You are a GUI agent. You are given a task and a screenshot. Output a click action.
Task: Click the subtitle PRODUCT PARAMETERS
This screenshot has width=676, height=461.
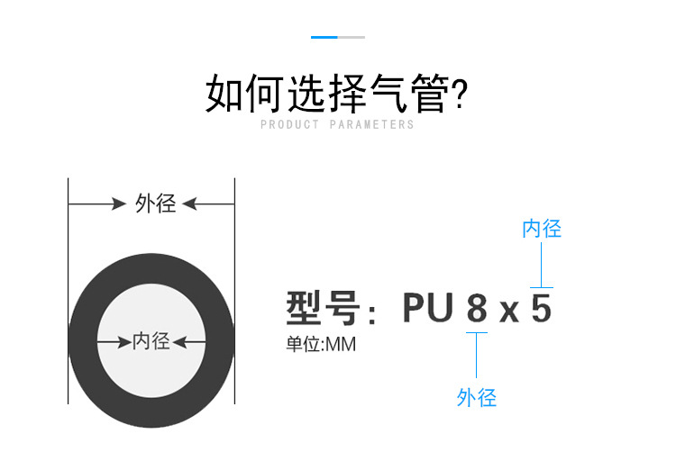pyautogui.click(x=337, y=125)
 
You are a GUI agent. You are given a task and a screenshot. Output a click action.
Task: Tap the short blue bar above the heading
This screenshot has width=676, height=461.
pyautogui.click(x=324, y=37)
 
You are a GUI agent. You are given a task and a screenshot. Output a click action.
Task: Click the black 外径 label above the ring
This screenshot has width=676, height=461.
pyautogui.click(x=155, y=203)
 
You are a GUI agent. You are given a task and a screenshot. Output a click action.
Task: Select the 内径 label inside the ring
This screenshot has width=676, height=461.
pyautogui.click(x=151, y=341)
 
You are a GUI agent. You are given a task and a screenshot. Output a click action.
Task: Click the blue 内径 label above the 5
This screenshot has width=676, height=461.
pyautogui.click(x=542, y=229)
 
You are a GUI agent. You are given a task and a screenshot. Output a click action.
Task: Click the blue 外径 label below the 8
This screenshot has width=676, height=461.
pyautogui.click(x=477, y=397)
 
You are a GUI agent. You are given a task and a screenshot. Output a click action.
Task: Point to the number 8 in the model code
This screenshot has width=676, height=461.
pyautogui.click(x=477, y=309)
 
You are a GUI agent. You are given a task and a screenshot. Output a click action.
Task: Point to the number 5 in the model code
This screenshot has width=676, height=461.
pyautogui.click(x=541, y=309)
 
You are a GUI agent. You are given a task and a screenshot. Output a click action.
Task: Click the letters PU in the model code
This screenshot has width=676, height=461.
pyautogui.click(x=427, y=309)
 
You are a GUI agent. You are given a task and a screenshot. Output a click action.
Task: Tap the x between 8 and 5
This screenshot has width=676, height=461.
pyautogui.click(x=509, y=312)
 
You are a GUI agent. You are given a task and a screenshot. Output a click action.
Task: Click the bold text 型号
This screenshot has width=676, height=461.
pyautogui.click(x=324, y=309)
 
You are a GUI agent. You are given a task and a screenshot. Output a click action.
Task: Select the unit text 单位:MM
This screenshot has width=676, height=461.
pyautogui.click(x=321, y=344)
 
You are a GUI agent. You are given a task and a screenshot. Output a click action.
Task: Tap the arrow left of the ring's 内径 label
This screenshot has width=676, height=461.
pyautogui.click(x=114, y=342)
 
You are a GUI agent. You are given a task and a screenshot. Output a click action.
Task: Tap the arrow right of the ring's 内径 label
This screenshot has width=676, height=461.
pyautogui.click(x=187, y=342)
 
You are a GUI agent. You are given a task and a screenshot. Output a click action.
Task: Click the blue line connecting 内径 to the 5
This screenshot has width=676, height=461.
pyautogui.click(x=541, y=264)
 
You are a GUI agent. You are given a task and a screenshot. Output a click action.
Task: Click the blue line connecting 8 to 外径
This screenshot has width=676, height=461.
pyautogui.click(x=477, y=356)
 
